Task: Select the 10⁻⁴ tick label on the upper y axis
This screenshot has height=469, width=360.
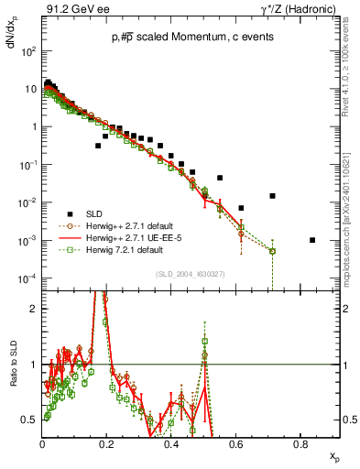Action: pos(28,278)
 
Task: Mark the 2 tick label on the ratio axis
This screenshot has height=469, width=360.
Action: pos(34,309)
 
